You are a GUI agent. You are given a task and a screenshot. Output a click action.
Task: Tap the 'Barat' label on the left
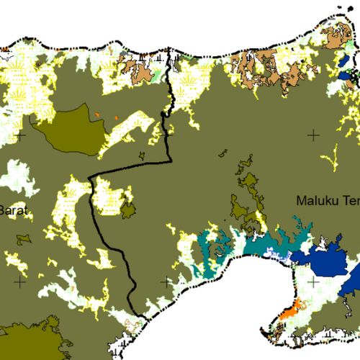coord(13,210)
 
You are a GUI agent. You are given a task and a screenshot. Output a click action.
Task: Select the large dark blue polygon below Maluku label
coord(328,260)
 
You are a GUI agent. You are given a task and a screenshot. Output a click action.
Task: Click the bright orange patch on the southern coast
coord(288,311)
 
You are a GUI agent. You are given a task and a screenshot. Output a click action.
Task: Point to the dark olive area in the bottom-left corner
coord(29,344)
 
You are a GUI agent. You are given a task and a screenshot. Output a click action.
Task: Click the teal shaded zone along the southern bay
coord(216,248)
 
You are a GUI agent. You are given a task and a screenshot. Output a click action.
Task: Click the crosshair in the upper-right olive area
coord(312,135)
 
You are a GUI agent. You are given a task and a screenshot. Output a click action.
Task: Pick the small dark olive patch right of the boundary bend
coord(130,211)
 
